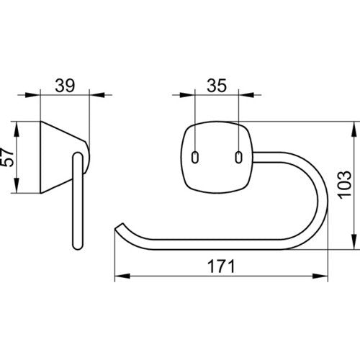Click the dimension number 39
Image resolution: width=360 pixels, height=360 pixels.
(x=65, y=86)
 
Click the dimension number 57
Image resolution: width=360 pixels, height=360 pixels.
(x=7, y=157)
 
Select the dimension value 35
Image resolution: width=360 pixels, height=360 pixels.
(x=217, y=86)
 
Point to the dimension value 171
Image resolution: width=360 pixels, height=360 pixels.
(x=221, y=266)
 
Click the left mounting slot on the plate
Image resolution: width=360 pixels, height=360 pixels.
(x=195, y=157)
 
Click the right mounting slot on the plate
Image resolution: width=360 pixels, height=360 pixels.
(x=238, y=157)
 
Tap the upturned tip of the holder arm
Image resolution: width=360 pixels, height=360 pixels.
(x=119, y=226)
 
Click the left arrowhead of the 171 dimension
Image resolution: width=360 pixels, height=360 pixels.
(x=122, y=276)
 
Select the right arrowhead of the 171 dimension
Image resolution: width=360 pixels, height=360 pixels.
(x=320, y=276)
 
